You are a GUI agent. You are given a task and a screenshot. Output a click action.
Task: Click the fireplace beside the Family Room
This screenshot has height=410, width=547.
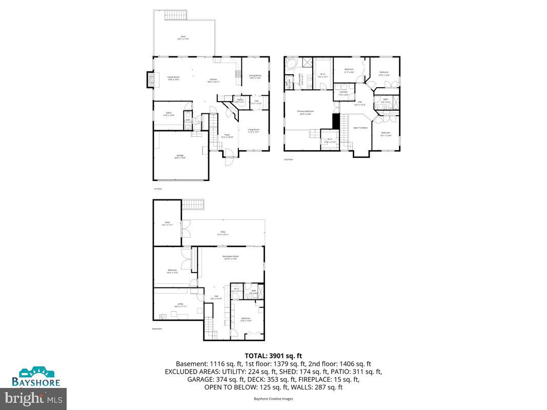[x=150, y=78]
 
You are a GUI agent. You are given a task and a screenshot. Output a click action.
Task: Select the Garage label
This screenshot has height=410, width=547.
[x=180, y=156]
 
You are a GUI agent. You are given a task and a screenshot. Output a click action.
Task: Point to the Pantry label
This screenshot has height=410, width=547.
[x=240, y=100]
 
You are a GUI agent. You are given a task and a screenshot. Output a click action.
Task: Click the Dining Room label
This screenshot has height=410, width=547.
[x=255, y=77]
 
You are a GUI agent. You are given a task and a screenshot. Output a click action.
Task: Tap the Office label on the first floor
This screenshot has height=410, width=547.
[x=169, y=114]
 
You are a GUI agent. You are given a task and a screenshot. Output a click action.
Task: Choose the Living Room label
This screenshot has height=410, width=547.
[x=253, y=130]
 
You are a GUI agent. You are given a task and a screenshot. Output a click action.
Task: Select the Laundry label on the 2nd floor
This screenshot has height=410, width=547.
[x=343, y=93]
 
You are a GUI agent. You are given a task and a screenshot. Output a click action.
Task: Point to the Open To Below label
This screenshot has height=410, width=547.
[x=360, y=128]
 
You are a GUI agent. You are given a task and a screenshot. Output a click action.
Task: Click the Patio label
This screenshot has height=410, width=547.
[x=223, y=233]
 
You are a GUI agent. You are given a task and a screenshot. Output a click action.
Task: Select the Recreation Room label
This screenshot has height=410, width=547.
[x=231, y=257]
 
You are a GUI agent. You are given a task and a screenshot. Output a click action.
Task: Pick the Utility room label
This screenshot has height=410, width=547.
[x=180, y=305]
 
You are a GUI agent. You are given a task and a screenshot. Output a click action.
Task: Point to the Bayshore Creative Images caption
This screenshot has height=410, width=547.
[x=273, y=398]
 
